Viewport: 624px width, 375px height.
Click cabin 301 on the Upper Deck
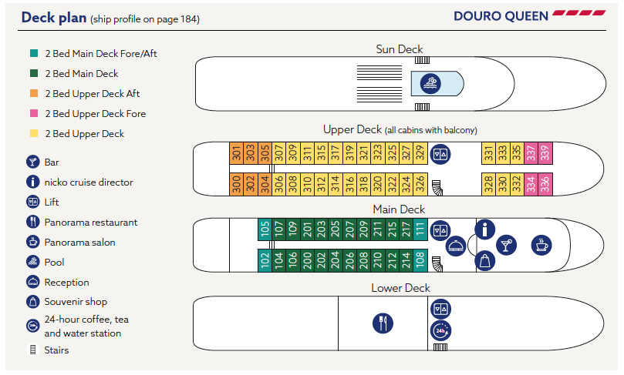pyautogui.click(x=236, y=152)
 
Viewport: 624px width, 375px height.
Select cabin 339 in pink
pyautogui.click(x=544, y=152)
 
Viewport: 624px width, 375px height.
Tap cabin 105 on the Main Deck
pyautogui.click(x=265, y=229)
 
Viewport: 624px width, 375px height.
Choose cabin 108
pyautogui.click(x=419, y=259)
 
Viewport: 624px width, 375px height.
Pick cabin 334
pyautogui.click(x=530, y=183)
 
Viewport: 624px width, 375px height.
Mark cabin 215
pyautogui.click(x=391, y=229)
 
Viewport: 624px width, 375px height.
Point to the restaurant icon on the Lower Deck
pyautogui.click(x=383, y=322)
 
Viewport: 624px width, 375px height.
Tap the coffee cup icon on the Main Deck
pyautogui.click(x=541, y=245)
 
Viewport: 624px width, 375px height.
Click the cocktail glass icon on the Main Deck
pyautogui.click(x=507, y=245)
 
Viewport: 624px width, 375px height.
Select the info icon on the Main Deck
pyautogui.click(x=485, y=229)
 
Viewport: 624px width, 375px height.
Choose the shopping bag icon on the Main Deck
pyautogui.click(x=485, y=261)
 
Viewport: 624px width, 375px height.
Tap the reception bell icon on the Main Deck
pyautogui.click(x=456, y=246)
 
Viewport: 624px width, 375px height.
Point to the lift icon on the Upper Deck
pyautogui.click(x=440, y=153)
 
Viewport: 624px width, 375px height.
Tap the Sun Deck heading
pyautogui.click(x=399, y=49)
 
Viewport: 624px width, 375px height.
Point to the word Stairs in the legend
pyautogui.click(x=56, y=350)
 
